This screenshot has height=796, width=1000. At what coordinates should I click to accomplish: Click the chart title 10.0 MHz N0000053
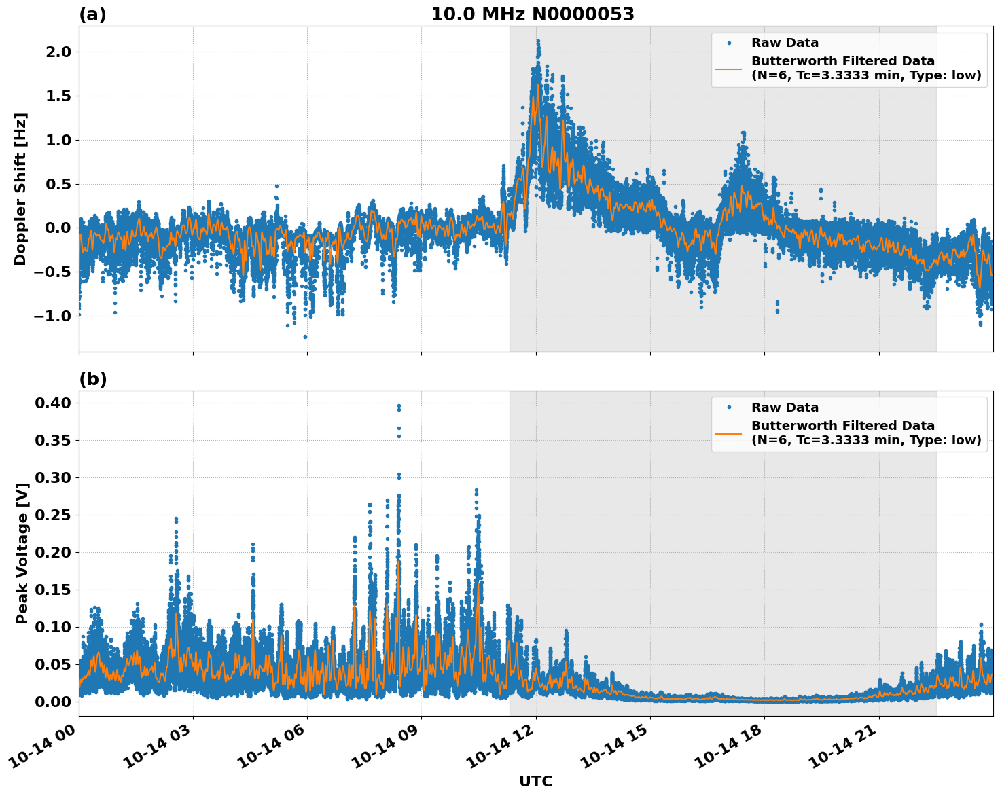pyautogui.click(x=533, y=14)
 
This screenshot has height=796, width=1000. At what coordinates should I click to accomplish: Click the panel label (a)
pyautogui.click(x=92, y=14)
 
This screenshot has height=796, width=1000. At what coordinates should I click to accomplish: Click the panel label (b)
pyautogui.click(x=92, y=379)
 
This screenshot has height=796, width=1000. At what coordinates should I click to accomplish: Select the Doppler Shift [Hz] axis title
pyautogui.click(x=20, y=189)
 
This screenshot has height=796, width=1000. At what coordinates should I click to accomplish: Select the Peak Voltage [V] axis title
pyautogui.click(x=22, y=554)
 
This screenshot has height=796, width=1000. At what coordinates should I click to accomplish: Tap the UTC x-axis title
pyautogui.click(x=535, y=781)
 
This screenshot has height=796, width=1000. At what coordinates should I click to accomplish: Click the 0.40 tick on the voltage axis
pyautogui.click(x=52, y=403)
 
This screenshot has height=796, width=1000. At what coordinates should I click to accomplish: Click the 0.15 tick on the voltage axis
pyautogui.click(x=52, y=590)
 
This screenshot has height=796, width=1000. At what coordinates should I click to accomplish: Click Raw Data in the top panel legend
pyautogui.click(x=785, y=43)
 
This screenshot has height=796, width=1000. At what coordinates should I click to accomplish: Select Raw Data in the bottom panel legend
pyautogui.click(x=785, y=408)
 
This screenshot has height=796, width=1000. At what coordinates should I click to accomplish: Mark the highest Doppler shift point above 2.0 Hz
pyautogui.click(x=538, y=41)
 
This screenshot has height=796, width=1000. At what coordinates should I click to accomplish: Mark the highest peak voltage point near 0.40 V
pyautogui.click(x=399, y=405)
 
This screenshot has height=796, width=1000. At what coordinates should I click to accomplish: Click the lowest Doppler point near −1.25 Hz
pyautogui.click(x=305, y=337)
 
